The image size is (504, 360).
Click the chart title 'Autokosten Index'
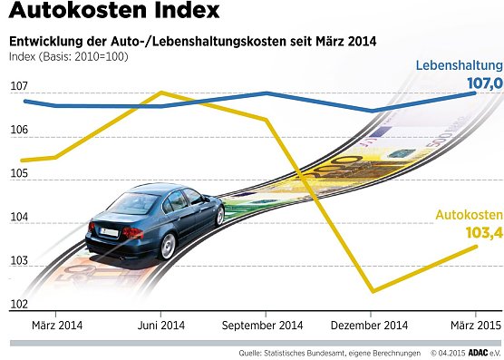(113, 13)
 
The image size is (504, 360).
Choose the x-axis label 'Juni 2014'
(160, 325)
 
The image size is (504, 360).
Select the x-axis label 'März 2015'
(474, 325)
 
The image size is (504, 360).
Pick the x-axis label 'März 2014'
(56, 325)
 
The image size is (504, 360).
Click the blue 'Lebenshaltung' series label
(459, 66)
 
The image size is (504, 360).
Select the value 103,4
(482, 233)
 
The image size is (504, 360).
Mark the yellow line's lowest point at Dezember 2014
(372, 291)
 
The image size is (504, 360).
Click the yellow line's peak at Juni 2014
(160, 92)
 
